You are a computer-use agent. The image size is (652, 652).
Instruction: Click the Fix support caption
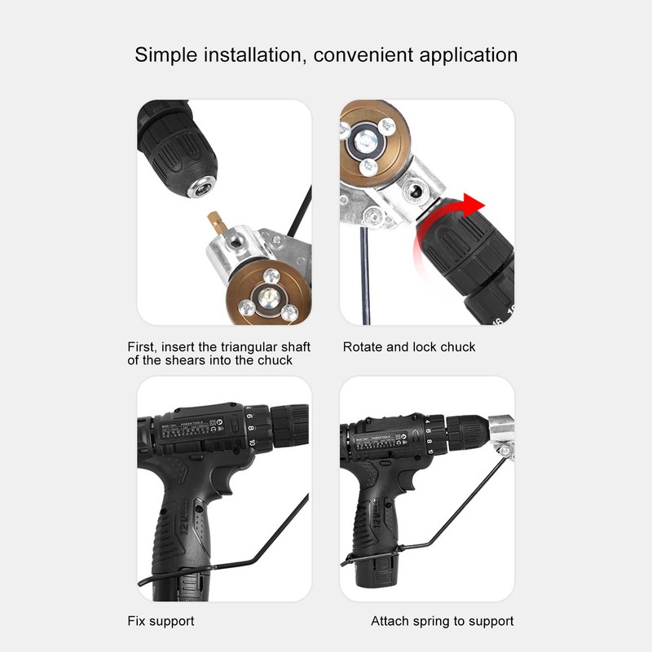(161, 621)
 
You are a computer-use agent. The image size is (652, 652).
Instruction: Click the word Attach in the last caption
(390, 621)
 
